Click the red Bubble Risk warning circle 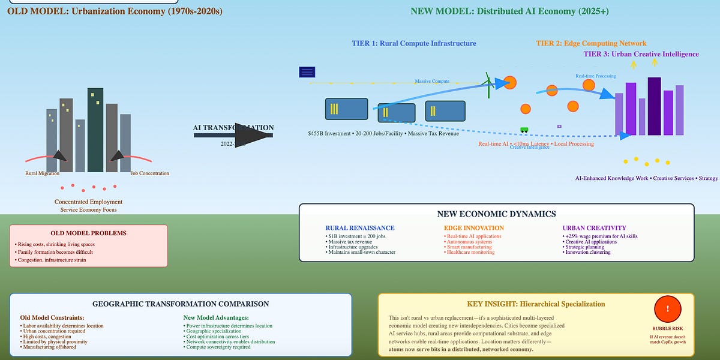pyautogui.click(x=667, y=310)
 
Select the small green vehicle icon pyautogui.click(x=524, y=130)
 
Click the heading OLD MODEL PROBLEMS pyautogui.click(x=88, y=233)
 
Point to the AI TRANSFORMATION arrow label pyautogui.click(x=233, y=128)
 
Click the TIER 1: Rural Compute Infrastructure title pyautogui.click(x=414, y=43)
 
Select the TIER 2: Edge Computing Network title pyautogui.click(x=591, y=43)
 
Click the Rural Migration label pyautogui.click(x=43, y=173)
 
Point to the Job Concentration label pyautogui.click(x=150, y=173)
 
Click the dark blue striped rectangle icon pyautogui.click(x=307, y=73)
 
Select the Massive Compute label pyautogui.click(x=432, y=81)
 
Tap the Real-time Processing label pyautogui.click(x=596, y=76)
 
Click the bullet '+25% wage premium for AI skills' pyautogui.click(x=600, y=236)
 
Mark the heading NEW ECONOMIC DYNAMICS pyautogui.click(x=496, y=214)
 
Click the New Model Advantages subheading pyautogui.click(x=215, y=317)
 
